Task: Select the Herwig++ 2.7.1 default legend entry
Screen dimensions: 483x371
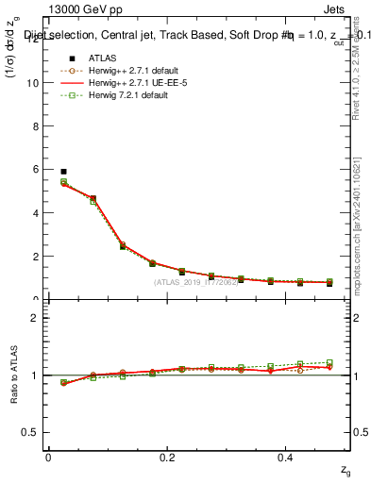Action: click(x=114, y=70)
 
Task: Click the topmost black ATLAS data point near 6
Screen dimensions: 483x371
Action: click(x=63, y=172)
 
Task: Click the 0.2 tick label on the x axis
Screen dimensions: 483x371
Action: click(x=168, y=457)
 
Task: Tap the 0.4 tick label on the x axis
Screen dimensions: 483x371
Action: click(x=287, y=457)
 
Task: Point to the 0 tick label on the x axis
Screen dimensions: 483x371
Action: click(x=48, y=457)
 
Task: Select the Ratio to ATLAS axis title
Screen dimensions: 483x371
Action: click(x=15, y=375)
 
